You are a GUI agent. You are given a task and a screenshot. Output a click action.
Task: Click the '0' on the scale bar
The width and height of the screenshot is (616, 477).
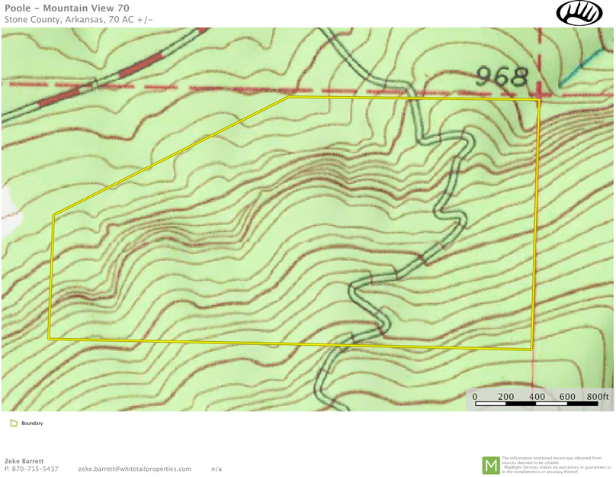tap(474, 397)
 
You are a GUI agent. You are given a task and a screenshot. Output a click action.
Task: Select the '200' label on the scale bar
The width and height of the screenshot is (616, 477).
tap(505, 397)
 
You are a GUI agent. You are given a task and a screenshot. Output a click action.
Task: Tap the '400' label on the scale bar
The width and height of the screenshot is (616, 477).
tap(537, 397)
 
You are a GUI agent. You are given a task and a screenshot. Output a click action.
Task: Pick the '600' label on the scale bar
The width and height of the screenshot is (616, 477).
tap(567, 397)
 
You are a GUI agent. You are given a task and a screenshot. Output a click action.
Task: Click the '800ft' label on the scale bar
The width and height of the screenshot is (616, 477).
tap(598, 397)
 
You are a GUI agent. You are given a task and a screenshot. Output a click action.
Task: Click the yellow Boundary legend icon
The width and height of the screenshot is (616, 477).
tap(14, 423)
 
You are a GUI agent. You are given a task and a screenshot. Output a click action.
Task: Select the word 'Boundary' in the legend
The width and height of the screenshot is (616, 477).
tap(32, 423)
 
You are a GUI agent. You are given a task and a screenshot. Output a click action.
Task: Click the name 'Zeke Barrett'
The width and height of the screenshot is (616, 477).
tap(24, 460)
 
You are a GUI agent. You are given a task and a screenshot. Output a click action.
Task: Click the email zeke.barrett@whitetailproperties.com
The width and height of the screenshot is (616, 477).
tap(135, 469)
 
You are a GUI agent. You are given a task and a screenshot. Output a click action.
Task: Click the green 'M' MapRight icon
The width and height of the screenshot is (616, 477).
tap(491, 465)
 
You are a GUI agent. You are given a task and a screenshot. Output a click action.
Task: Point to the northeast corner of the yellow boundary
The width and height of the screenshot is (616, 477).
tap(539, 100)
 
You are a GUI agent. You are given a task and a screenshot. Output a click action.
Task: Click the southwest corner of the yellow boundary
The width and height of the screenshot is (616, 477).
tap(49, 338)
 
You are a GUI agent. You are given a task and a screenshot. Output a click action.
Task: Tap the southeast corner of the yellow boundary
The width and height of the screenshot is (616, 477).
tap(531, 350)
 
